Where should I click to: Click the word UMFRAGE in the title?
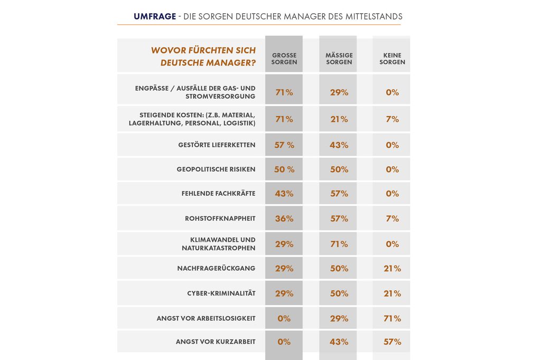(x=155, y=16)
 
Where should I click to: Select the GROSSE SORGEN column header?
(x=284, y=59)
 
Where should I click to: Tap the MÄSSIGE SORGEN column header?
(x=339, y=59)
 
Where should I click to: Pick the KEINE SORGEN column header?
(x=392, y=59)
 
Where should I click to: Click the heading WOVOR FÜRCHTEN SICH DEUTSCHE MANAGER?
(x=203, y=56)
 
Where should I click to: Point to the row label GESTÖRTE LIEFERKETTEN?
(x=217, y=145)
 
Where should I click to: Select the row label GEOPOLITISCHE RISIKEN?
(x=216, y=169)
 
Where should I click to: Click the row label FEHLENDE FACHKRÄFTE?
(x=218, y=194)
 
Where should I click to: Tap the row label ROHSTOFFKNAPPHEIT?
(x=220, y=219)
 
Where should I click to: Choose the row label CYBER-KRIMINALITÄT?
(x=221, y=293)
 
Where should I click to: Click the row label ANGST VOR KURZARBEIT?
(x=216, y=342)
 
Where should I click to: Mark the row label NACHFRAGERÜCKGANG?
(x=216, y=269)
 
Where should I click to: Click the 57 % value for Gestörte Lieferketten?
(x=284, y=145)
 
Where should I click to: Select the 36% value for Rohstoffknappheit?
(x=284, y=219)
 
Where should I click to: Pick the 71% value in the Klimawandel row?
(x=339, y=244)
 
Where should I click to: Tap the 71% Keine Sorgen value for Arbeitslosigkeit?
(x=393, y=318)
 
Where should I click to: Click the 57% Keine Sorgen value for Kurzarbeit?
(x=393, y=342)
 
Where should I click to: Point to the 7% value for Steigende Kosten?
(x=393, y=119)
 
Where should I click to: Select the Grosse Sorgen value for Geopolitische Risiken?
(x=284, y=169)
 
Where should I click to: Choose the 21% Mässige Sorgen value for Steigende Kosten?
(x=339, y=119)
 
